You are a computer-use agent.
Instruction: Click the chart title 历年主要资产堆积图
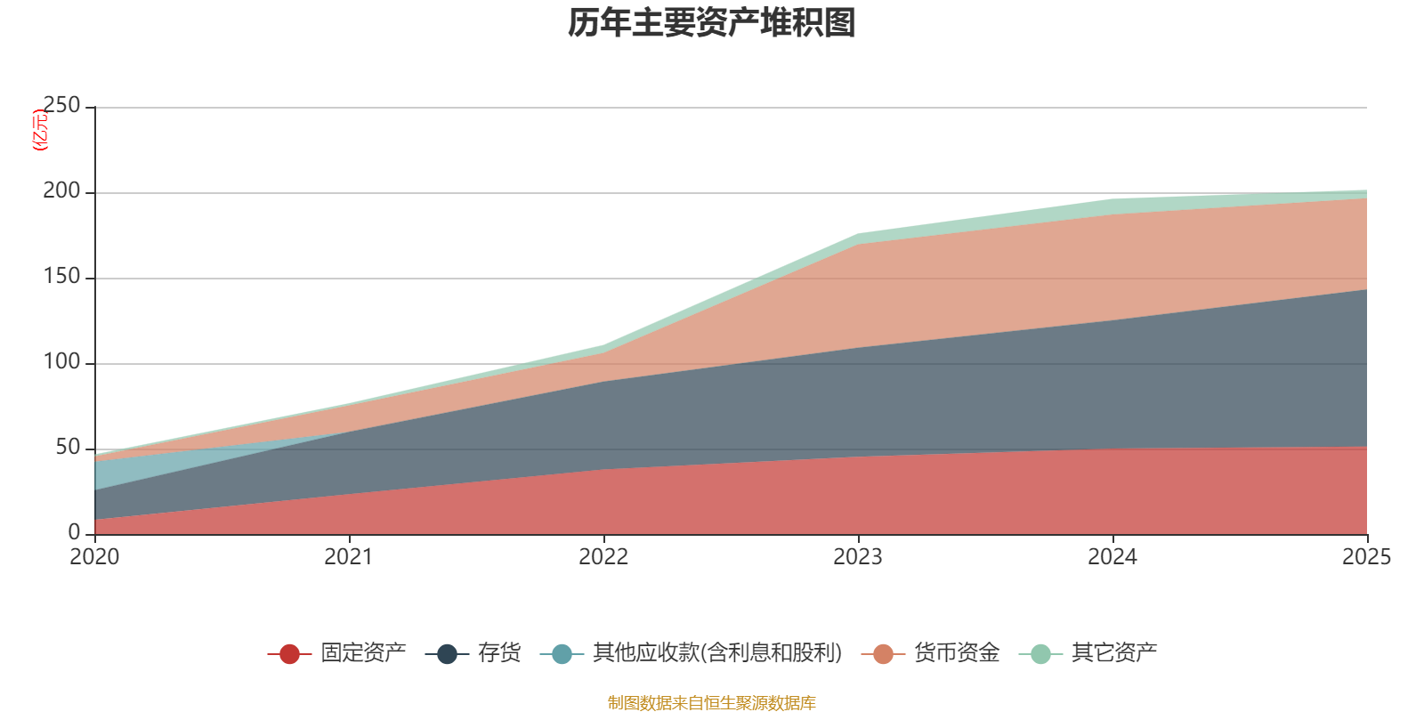(712, 23)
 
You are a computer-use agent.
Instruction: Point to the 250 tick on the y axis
(61, 106)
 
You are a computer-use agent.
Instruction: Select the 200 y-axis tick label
(61, 191)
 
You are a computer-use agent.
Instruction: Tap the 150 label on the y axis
(61, 277)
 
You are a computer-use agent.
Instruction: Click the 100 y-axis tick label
(61, 362)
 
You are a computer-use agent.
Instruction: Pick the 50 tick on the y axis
(68, 448)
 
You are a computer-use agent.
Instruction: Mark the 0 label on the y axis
(74, 532)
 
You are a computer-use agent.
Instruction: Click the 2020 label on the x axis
(94, 557)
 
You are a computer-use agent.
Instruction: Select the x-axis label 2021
(349, 557)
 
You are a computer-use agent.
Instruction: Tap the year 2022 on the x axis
(603, 557)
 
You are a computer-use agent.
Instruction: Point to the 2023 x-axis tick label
(858, 557)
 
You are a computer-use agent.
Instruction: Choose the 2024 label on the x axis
(1112, 557)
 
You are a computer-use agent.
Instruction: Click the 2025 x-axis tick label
(1366, 557)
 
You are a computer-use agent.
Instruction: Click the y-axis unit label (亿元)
(40, 130)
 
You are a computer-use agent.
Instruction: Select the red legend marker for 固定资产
(289, 654)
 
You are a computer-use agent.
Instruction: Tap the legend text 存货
(499, 653)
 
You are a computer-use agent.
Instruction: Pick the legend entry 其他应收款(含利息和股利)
(717, 653)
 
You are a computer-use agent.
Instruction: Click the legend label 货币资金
(957, 653)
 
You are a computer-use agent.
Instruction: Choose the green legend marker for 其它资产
(1040, 654)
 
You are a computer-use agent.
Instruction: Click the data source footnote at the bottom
(712, 703)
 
